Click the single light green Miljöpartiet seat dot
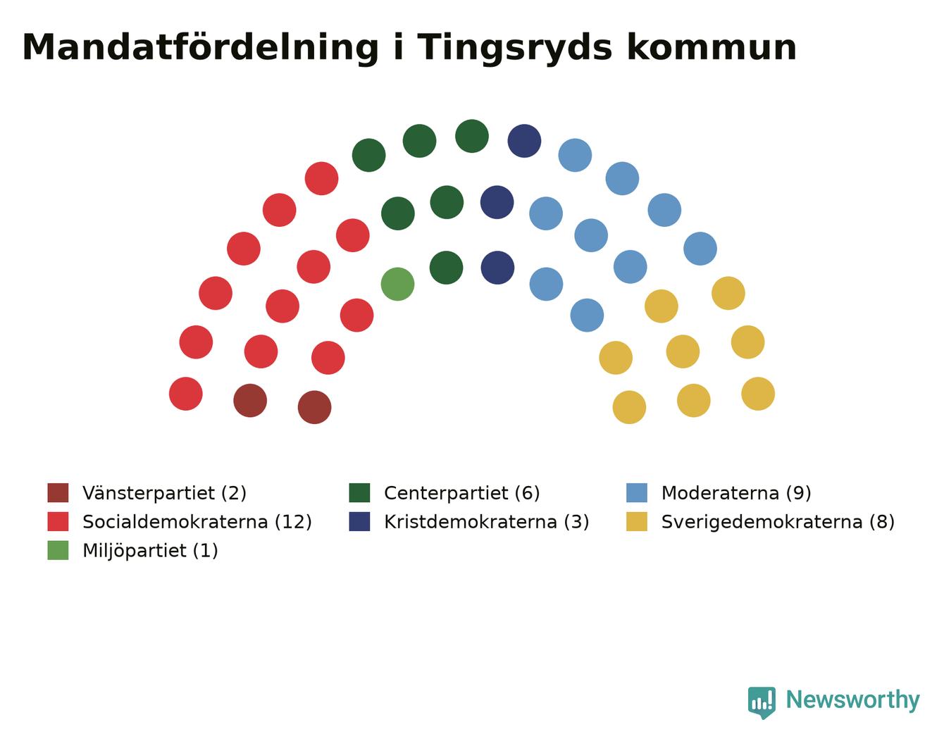click(x=397, y=284)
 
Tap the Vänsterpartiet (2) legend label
click(x=164, y=493)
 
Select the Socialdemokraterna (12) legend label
click(x=197, y=522)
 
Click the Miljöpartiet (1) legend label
click(x=150, y=551)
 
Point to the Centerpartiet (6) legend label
click(x=462, y=493)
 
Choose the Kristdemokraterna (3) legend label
click(x=487, y=522)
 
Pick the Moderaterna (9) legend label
click(x=736, y=493)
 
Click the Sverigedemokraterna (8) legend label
click(x=778, y=522)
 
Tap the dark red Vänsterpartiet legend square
click(x=58, y=492)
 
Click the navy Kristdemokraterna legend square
click(x=359, y=521)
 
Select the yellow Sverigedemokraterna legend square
click(x=636, y=521)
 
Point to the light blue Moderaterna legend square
click(x=636, y=492)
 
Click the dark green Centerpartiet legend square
click(x=359, y=492)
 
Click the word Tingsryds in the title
click(x=514, y=49)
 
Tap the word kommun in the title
click(x=712, y=47)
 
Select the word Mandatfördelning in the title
click(x=200, y=49)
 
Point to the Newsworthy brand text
click(x=853, y=700)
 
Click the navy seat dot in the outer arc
click(x=524, y=141)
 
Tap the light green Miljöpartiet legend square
click(x=58, y=550)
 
